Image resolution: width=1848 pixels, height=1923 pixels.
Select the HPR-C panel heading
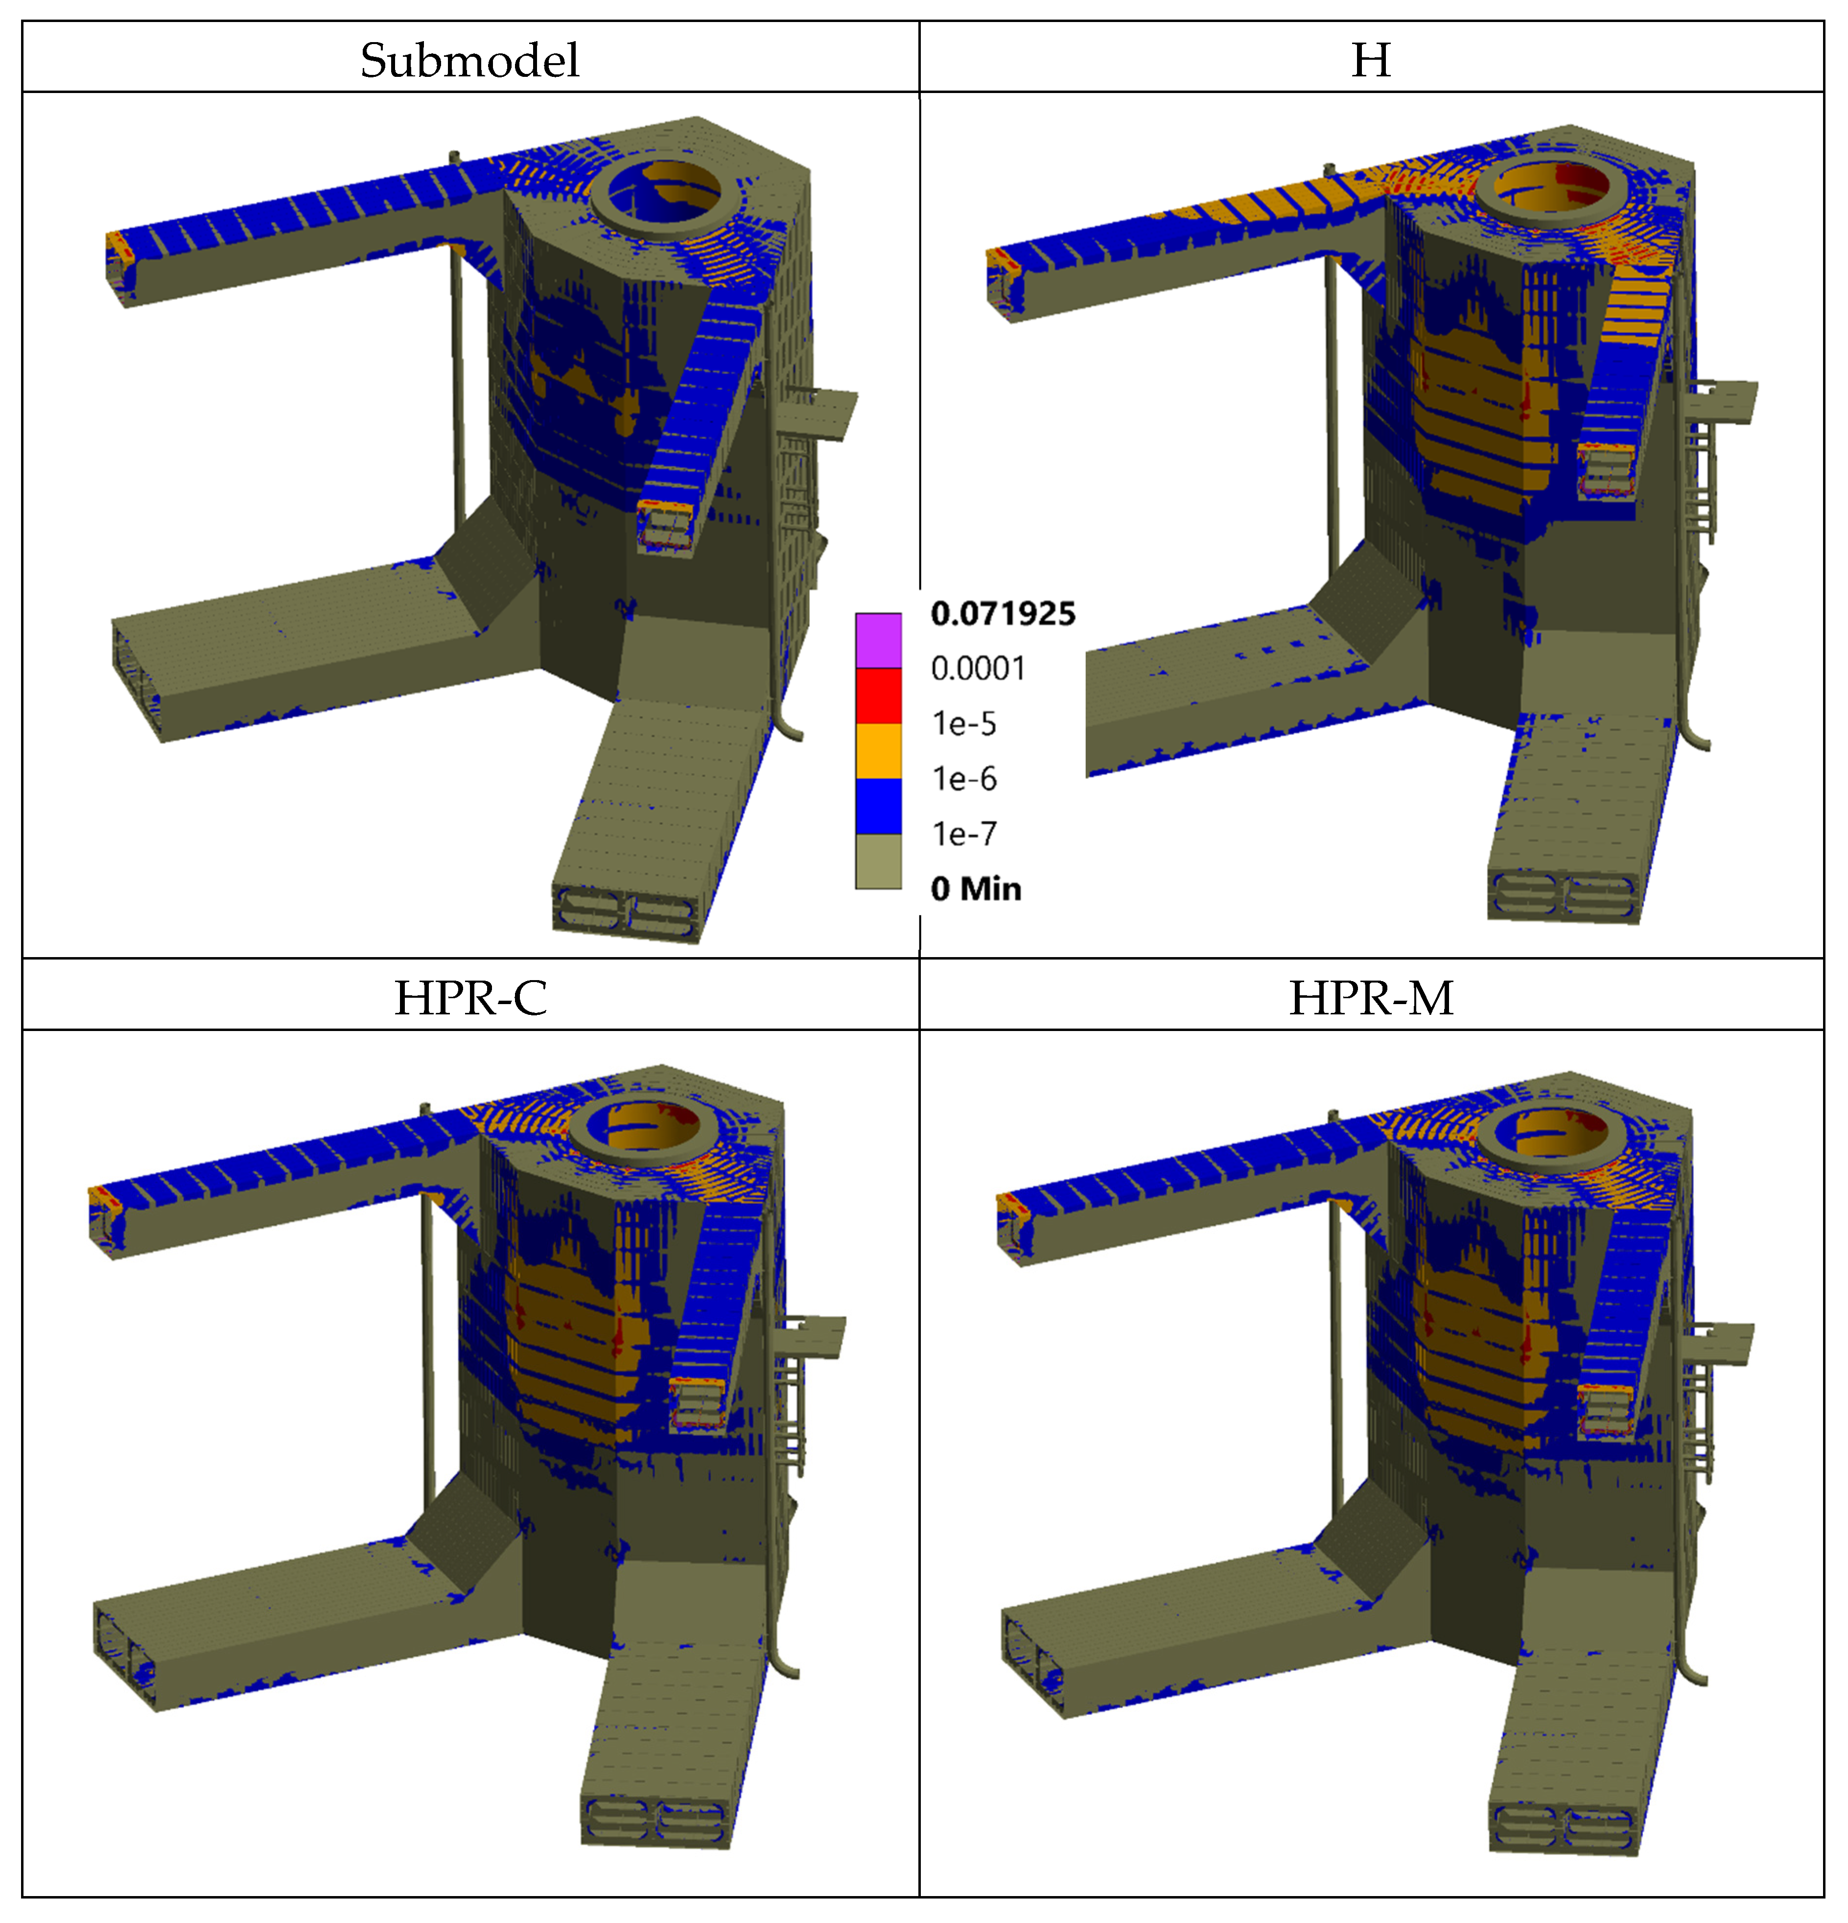[x=470, y=998]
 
